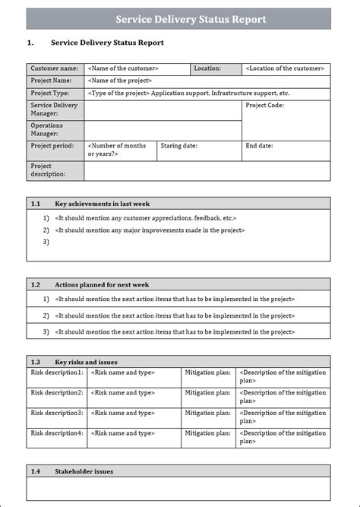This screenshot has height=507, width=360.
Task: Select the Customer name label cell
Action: coord(54,68)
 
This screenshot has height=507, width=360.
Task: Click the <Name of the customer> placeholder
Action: coord(123,68)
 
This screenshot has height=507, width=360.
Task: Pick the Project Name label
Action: coord(52,81)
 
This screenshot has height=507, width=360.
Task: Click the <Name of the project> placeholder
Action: coord(120,81)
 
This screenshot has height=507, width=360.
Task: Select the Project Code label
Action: coord(264,106)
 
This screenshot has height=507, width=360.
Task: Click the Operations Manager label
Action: coord(47,129)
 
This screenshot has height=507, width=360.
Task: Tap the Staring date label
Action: coord(178,144)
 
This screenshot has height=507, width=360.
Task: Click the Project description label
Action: coord(49,170)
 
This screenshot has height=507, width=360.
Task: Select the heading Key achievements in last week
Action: coord(102,204)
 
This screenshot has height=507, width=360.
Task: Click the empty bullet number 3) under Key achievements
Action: coord(46,242)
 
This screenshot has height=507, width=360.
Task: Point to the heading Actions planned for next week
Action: coord(102,284)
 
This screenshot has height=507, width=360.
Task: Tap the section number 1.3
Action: coord(36,362)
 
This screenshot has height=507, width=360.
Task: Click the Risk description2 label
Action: coord(57,393)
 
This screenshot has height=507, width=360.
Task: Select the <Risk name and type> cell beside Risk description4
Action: coord(123,433)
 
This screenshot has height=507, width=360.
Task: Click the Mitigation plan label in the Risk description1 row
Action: coord(208,372)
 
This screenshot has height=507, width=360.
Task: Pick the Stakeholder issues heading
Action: coord(84,471)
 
